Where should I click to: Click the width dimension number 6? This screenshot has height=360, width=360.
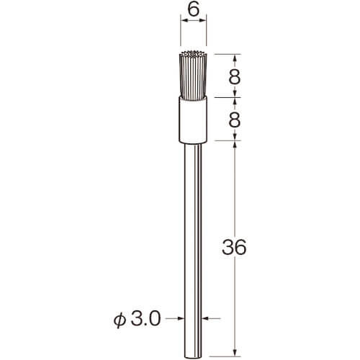coord(193,10)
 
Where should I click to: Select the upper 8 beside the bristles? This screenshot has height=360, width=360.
coord(235,77)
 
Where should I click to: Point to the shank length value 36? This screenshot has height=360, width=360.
coord(234,247)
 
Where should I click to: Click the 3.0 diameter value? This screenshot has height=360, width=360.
coord(146,319)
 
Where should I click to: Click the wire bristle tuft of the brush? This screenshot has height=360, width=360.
coord(193,75)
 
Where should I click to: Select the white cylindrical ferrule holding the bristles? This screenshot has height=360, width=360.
coord(193,120)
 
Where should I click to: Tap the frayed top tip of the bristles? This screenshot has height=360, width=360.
coord(193,53)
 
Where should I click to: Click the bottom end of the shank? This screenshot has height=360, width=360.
coord(193,356)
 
